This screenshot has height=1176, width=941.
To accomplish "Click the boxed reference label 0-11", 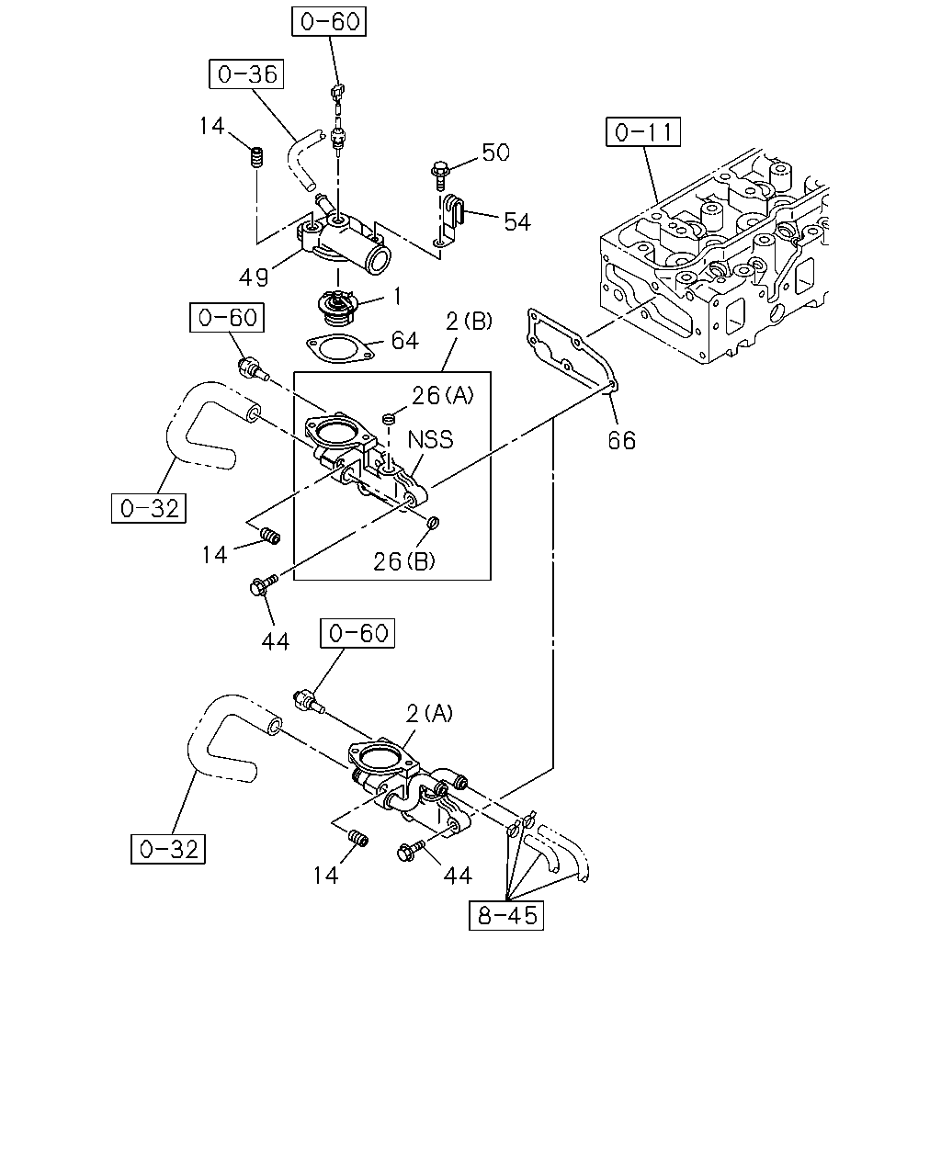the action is click(x=643, y=131).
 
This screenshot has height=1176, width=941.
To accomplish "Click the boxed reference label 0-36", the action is click(x=246, y=73).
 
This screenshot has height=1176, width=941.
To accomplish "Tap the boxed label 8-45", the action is click(x=506, y=915).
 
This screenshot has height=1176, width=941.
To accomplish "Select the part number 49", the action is click(x=254, y=277).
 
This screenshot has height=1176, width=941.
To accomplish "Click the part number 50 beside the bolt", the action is click(x=495, y=153).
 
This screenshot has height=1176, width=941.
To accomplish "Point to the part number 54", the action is click(x=516, y=221).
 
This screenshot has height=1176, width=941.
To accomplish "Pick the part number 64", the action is click(x=404, y=341).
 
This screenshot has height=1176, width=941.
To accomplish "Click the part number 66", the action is click(x=622, y=440).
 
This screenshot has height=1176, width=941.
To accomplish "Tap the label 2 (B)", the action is click(x=469, y=322).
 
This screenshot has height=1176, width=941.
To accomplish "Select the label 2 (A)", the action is click(x=429, y=713).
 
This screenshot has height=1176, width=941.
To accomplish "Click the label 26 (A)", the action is click(x=443, y=395).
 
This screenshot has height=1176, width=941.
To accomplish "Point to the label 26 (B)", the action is click(x=404, y=561).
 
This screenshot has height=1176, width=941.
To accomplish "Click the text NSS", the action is click(x=431, y=439).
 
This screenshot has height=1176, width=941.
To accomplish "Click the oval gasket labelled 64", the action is click(x=341, y=348).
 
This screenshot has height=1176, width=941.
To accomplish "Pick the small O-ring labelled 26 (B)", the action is click(x=432, y=523).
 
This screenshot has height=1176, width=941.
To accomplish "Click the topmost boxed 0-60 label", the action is click(x=329, y=21).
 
